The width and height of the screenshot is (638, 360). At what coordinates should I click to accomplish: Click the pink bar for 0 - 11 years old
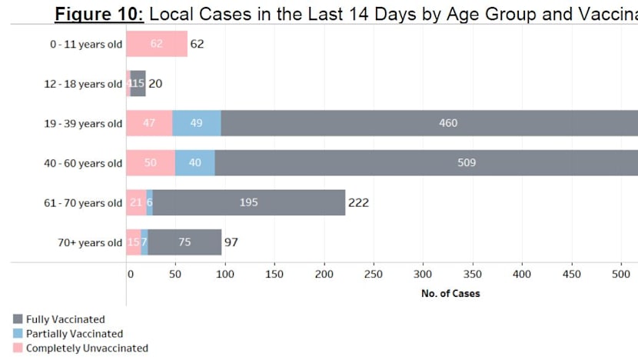(x=156, y=45)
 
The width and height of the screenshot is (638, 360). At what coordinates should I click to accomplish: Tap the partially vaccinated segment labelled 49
(x=196, y=123)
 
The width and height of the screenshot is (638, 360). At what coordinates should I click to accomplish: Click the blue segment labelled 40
(x=195, y=163)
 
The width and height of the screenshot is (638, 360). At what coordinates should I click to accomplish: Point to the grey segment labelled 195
(x=248, y=203)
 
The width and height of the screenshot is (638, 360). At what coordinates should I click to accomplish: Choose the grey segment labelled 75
(x=184, y=242)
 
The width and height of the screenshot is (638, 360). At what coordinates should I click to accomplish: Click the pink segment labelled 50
(x=151, y=163)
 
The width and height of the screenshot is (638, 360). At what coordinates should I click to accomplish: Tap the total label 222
(x=358, y=203)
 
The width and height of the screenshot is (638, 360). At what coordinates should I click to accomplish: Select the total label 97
(x=231, y=242)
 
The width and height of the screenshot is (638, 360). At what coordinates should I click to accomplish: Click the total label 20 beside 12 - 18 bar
(x=155, y=84)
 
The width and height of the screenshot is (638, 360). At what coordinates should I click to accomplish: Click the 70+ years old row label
(x=88, y=243)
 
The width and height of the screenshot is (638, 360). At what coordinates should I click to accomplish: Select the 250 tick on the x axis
(x=374, y=275)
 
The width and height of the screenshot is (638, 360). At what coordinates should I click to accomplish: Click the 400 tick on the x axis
(x=522, y=275)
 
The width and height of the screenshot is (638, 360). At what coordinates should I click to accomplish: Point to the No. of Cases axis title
(x=450, y=293)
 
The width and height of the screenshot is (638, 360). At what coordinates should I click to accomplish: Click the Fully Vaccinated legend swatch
(x=18, y=319)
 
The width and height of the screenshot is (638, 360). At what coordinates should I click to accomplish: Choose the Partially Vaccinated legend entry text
(x=74, y=334)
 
